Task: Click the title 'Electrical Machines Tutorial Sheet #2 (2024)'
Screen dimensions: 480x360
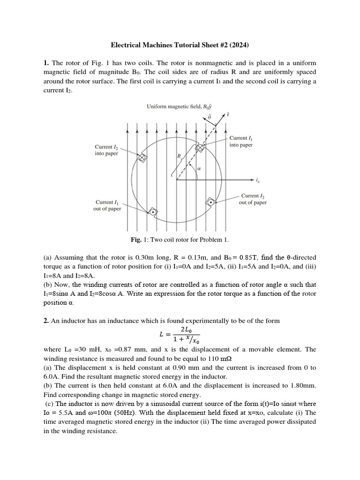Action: (x=180, y=45)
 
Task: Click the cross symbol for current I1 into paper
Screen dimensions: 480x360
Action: (x=200, y=148)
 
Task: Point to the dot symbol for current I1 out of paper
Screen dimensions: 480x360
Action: (x=152, y=212)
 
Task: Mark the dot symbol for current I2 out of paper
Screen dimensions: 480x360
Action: (x=211, y=202)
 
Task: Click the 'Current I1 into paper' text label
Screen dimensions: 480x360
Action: (x=241, y=142)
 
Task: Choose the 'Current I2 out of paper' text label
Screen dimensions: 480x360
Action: (x=253, y=199)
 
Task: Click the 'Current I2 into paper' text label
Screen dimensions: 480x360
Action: (x=107, y=150)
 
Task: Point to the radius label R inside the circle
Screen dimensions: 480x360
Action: (x=179, y=156)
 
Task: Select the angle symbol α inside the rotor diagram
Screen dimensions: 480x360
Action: (x=199, y=167)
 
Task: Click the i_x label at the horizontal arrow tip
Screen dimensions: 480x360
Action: (x=257, y=180)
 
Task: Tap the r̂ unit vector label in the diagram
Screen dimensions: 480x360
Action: (x=228, y=114)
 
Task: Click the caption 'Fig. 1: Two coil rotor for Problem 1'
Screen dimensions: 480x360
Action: (x=180, y=240)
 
